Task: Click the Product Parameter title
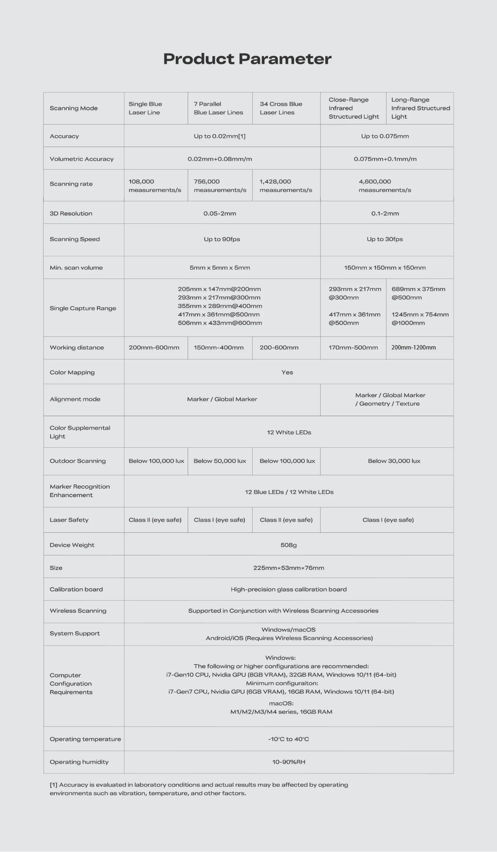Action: point(247,59)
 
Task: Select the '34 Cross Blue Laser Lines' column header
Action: point(281,108)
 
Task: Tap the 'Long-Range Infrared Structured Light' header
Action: point(420,108)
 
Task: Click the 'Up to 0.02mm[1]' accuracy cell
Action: point(220,136)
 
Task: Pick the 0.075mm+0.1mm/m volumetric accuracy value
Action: point(385,159)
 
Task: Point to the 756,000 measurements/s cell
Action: point(220,186)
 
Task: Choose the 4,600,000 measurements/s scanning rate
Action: point(385,186)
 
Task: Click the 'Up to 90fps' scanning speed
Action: point(222,239)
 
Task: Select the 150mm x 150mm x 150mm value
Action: point(385,267)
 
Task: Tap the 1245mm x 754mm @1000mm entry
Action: point(420,318)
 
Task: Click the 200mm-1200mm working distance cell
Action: point(414,348)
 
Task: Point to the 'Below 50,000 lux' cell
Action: point(220,461)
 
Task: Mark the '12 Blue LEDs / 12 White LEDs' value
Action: point(289,492)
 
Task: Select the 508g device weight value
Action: point(289,545)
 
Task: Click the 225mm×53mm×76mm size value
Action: point(289,568)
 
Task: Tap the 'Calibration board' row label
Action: point(76,589)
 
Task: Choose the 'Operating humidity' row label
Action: point(79,762)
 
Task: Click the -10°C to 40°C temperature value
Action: point(289,739)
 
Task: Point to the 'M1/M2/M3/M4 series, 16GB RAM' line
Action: point(281,712)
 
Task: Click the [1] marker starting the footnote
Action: point(53,785)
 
